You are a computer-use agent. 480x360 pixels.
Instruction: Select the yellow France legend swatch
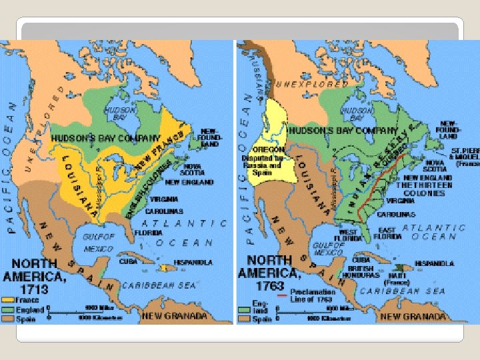coord(9,301)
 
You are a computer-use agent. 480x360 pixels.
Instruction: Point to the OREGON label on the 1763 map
coord(268,149)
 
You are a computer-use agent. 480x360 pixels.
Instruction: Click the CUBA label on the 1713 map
coord(129,261)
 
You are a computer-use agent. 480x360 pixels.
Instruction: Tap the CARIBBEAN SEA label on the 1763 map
coord(403,291)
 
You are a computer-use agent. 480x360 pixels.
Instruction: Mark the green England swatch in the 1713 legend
coord(9,309)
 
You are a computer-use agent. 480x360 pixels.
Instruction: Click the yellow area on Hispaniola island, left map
coord(163,267)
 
